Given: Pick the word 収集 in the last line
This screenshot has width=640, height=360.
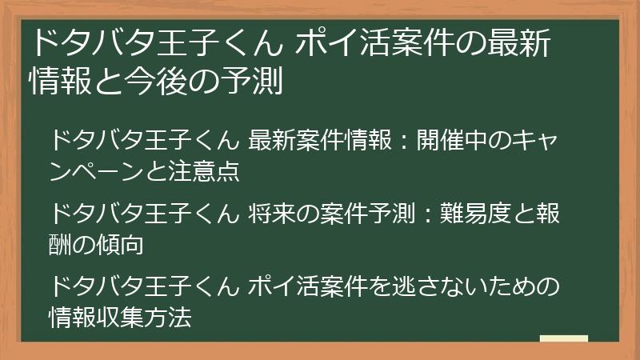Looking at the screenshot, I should point(122,316).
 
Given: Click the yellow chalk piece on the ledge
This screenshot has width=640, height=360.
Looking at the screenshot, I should point(563,338).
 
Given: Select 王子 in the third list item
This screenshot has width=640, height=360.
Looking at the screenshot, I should point(173,286).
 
